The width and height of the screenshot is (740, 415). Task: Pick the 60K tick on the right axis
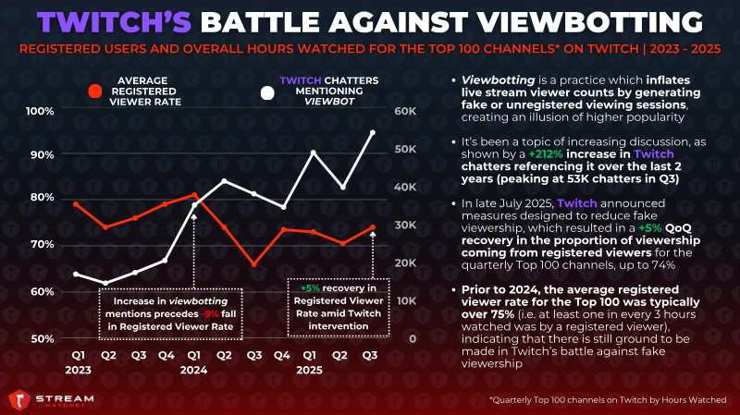404,111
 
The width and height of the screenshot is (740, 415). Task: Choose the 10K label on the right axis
404,300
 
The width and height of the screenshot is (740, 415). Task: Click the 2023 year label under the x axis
77,370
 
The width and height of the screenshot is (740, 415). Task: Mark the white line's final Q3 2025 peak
372,132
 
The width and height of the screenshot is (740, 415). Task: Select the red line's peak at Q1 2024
193,195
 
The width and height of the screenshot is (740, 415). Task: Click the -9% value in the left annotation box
216,313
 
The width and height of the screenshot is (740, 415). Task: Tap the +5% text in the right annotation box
309,287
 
